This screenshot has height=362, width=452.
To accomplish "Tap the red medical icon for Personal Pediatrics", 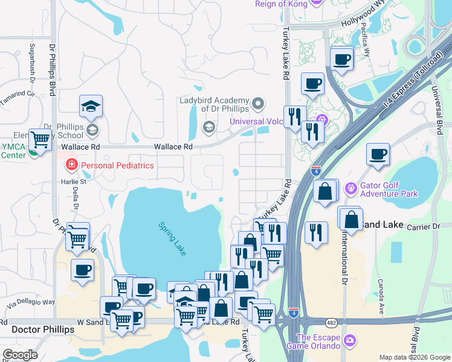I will click(71, 165).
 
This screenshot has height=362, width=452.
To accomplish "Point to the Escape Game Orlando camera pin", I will click(349, 341).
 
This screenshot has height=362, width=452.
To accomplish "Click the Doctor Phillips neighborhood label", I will click(43, 330).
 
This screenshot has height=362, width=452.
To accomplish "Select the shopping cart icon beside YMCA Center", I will click(40, 139).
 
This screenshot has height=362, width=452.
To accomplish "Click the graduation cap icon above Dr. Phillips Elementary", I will click(91, 107).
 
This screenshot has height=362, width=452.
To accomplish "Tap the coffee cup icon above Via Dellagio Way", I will click(82, 270).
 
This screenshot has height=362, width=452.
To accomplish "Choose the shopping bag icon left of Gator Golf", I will click(325, 191).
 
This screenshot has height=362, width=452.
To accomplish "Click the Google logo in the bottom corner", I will click(20, 355).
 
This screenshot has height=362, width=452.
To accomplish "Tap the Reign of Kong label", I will click(282, 4).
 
